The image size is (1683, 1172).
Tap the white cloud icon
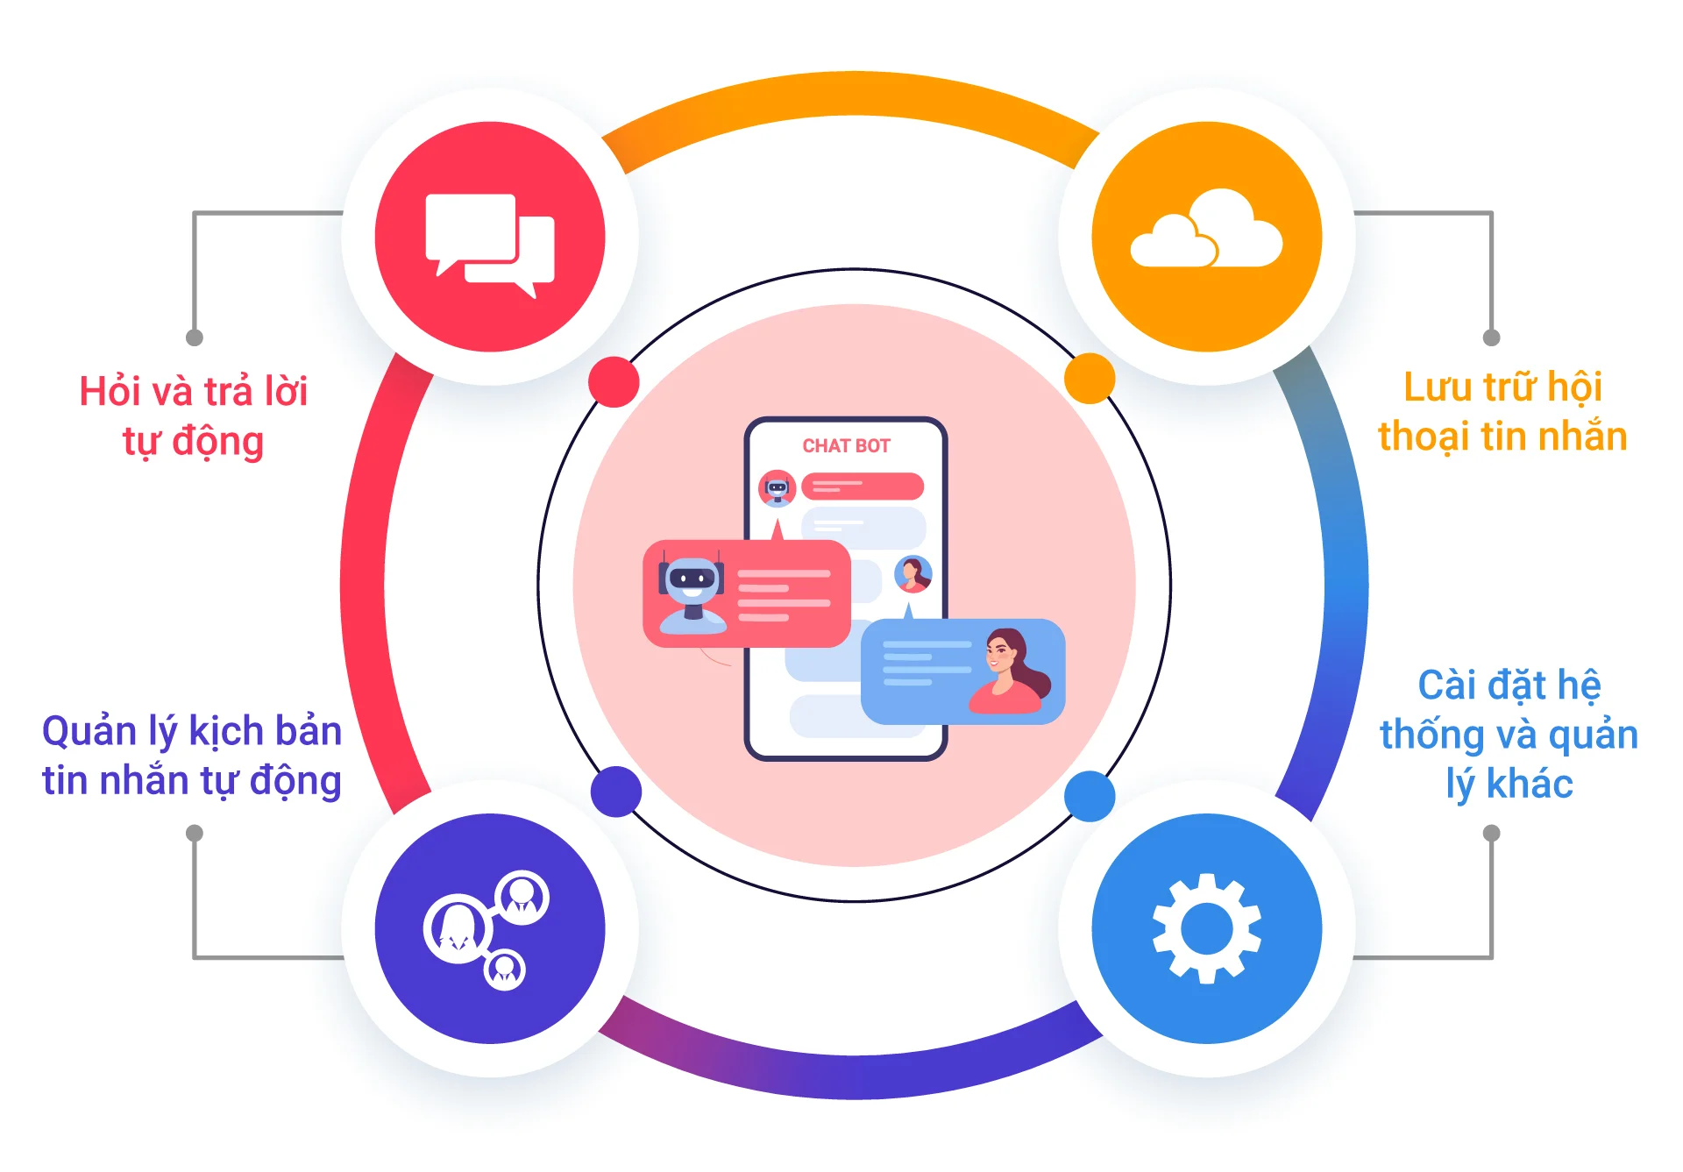click(x=1206, y=231)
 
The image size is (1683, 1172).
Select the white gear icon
click(x=1206, y=928)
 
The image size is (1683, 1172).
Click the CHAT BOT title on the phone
click(x=846, y=446)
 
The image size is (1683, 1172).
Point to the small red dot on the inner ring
click(x=614, y=382)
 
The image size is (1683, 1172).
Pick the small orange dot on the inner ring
click(x=1089, y=379)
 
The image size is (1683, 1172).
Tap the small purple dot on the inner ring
click(x=616, y=792)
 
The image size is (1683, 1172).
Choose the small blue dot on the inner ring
click(x=1089, y=796)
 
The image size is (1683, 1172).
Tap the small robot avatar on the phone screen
click(x=778, y=488)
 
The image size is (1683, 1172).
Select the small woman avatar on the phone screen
click(x=913, y=575)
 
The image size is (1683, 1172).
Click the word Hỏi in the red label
click(x=110, y=392)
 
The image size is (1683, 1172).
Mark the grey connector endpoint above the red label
click(x=195, y=337)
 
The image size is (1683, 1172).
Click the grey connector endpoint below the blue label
click(x=1491, y=833)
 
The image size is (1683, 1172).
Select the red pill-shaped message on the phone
click(x=863, y=486)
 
